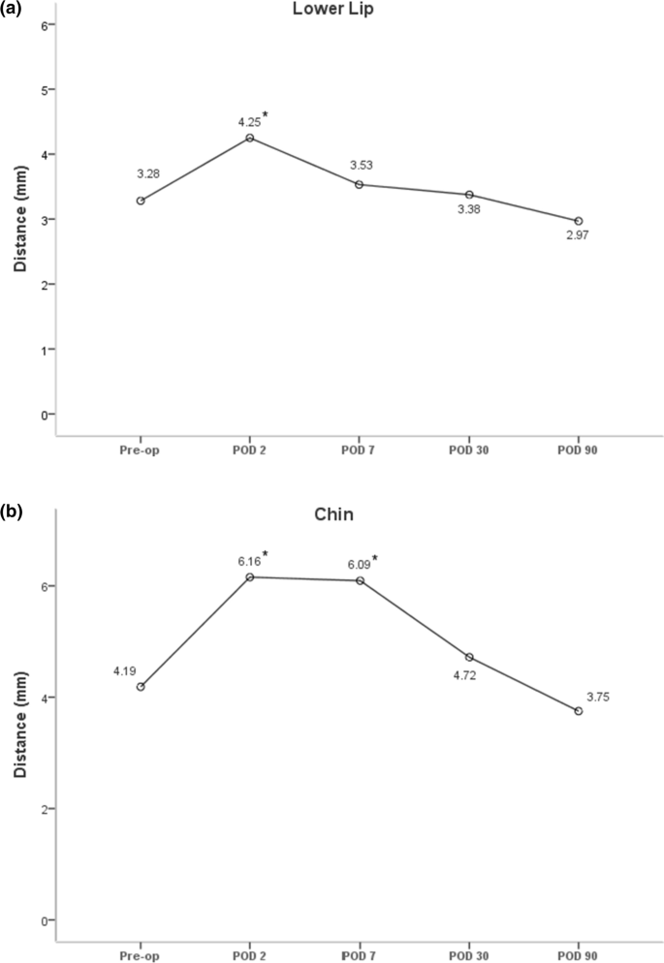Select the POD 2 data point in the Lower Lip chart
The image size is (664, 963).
(x=250, y=138)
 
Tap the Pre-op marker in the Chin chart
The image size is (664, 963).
(x=141, y=687)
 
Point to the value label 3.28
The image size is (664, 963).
(x=147, y=174)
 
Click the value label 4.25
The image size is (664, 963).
(x=250, y=122)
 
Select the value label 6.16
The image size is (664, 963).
(x=250, y=560)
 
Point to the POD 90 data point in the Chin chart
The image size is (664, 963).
(x=579, y=711)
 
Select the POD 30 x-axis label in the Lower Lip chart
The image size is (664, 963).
(x=469, y=450)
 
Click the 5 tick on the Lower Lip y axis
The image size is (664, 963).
(x=44, y=89)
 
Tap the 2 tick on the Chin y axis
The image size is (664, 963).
(x=44, y=809)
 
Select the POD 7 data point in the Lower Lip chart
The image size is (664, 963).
(x=360, y=184)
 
